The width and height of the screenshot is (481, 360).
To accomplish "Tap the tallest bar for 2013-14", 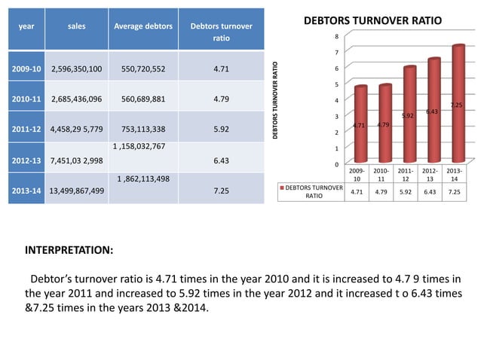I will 458,105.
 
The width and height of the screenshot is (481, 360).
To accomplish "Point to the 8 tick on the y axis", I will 338,36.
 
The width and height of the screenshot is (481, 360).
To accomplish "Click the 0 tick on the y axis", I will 338,163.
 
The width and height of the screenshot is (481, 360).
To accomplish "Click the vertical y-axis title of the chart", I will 277,100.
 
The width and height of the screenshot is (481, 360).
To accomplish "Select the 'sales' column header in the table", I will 76,26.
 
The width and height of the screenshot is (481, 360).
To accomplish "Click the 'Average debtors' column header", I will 142,26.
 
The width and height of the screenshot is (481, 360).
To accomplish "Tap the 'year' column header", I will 26,26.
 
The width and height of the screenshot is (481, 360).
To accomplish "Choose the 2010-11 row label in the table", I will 26,99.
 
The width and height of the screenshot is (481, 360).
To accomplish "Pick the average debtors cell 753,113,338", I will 143,128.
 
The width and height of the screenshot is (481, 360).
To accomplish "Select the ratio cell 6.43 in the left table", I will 221,160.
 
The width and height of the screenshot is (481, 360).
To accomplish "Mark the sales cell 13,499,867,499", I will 76,191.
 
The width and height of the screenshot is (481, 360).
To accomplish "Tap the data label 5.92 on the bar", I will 407,116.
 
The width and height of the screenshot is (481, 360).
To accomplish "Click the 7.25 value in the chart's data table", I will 454,192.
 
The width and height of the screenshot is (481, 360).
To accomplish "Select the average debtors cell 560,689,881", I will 143,99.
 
